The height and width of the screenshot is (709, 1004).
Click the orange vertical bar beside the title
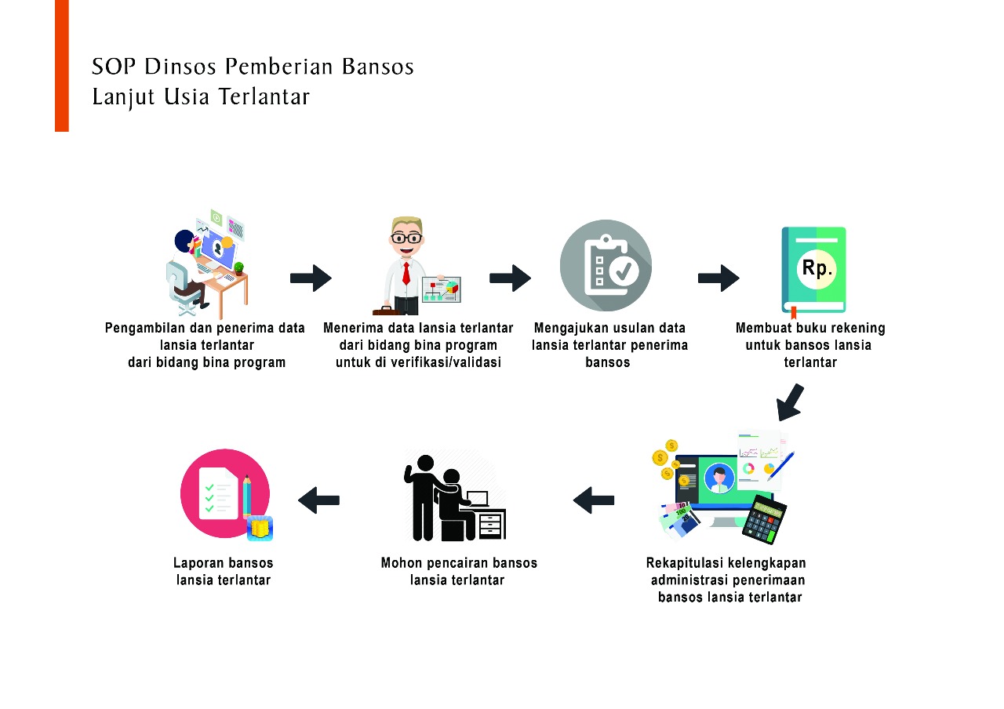point(62,65)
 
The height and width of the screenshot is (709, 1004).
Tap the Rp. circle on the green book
point(817,268)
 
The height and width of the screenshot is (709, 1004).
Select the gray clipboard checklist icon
point(606,265)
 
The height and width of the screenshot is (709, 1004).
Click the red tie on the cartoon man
point(406,272)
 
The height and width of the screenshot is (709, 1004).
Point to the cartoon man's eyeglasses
point(406,238)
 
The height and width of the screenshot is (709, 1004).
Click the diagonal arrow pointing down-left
point(790,402)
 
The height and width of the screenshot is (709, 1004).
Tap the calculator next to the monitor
point(764,518)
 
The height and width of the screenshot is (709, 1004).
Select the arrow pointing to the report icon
point(318,500)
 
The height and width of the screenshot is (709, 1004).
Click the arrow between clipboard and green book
point(718,278)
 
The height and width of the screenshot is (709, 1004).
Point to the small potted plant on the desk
point(238,267)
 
